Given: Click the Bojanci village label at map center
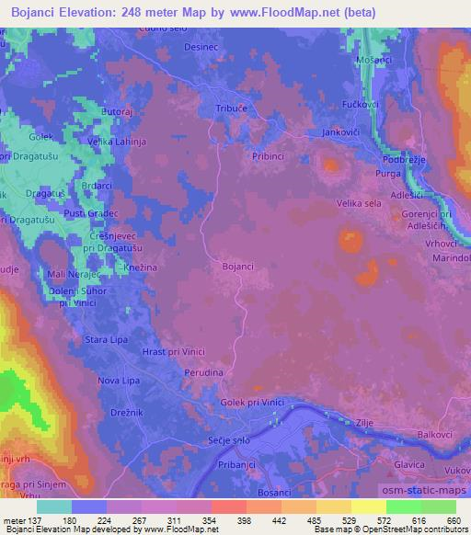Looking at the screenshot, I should (x=237, y=267).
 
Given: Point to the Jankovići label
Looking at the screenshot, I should (x=340, y=133).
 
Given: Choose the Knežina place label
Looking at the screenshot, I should (x=140, y=267).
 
